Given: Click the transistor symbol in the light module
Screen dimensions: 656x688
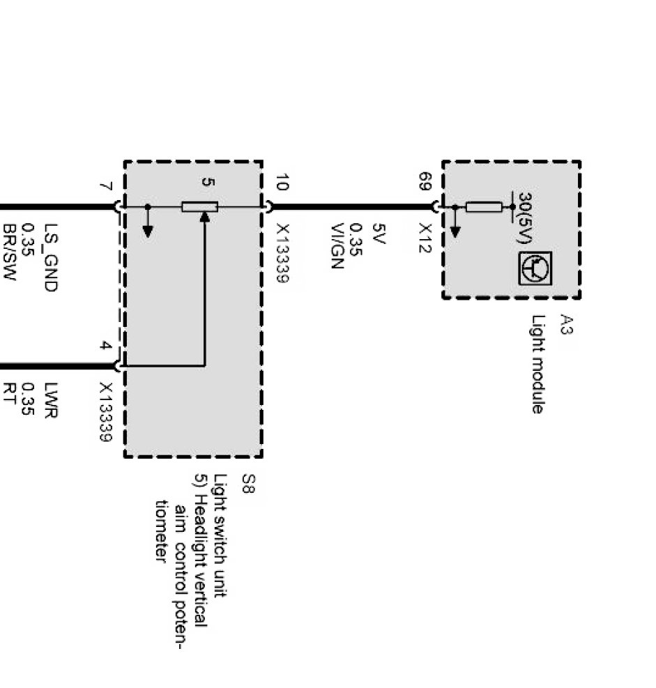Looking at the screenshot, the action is (535, 268).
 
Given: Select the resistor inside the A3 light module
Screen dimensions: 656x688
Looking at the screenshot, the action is (483, 206).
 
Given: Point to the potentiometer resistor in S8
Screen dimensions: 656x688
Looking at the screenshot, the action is (199, 206).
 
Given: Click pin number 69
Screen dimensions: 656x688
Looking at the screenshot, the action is (425, 183).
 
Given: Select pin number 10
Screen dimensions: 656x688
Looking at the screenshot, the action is (280, 183).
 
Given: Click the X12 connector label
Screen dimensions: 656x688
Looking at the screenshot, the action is (425, 238).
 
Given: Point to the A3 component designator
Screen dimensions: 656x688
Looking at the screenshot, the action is (567, 324).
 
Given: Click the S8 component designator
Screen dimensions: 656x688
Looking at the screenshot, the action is (249, 483).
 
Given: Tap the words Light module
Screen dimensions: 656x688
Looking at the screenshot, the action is (537, 365).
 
